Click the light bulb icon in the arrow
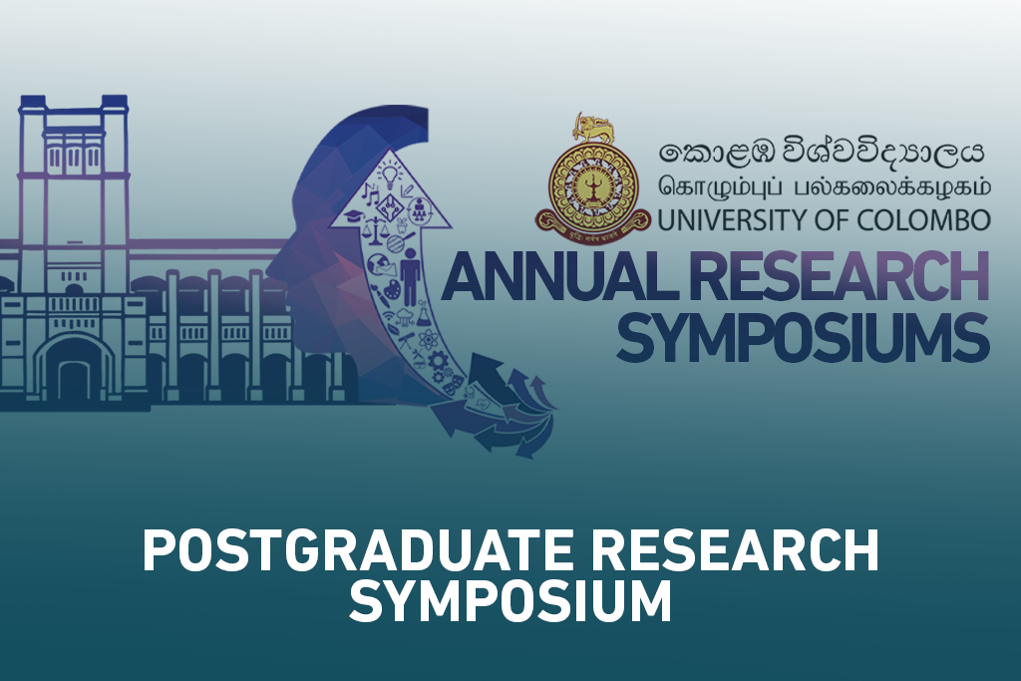390,175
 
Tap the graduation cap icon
354,215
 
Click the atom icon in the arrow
429,339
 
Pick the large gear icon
439,360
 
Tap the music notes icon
370,193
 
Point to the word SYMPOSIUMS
803,338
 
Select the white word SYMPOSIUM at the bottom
510,601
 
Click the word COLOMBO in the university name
924,220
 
